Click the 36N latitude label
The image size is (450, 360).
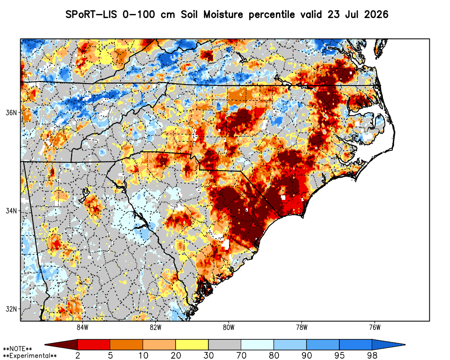tap(11, 112)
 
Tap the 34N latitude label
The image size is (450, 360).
tap(11, 211)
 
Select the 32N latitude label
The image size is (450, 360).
tap(11, 309)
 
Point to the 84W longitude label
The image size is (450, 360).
tap(82, 328)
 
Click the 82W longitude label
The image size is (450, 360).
tap(156, 328)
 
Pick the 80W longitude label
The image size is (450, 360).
tap(229, 328)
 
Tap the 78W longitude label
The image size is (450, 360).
tap(301, 328)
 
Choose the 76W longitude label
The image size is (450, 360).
tap(375, 328)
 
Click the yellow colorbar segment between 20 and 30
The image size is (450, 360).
tap(192, 344)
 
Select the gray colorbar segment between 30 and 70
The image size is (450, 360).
tap(225, 344)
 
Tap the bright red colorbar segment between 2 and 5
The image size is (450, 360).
tap(94, 344)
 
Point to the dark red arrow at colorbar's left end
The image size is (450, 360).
tap(61, 344)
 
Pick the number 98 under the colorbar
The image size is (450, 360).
tap(372, 355)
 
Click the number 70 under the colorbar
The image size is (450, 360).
tap(241, 355)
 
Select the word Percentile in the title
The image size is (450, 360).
tap(271, 15)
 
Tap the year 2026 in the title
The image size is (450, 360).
tap(376, 14)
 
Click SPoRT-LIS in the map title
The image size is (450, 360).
tap(91, 14)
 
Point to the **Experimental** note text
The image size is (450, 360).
tap(30, 356)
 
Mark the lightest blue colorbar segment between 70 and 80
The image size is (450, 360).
tap(257, 344)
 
